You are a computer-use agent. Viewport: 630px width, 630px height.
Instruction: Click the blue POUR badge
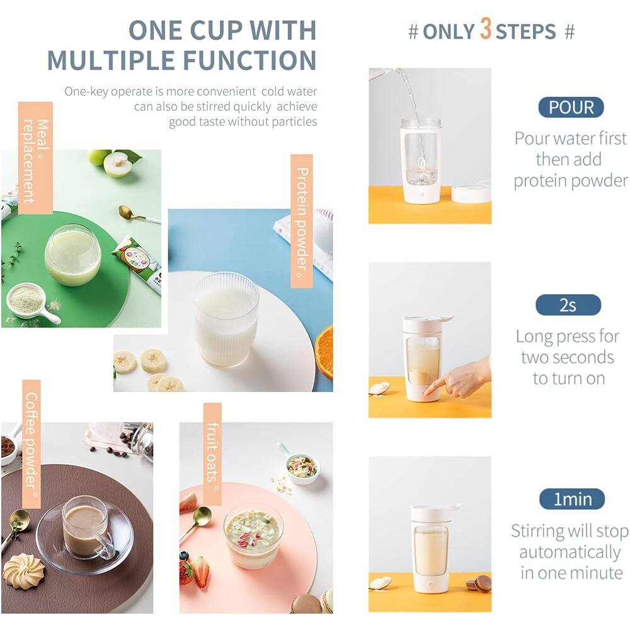tap(571, 107)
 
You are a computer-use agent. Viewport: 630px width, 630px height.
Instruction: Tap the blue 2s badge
tap(568, 306)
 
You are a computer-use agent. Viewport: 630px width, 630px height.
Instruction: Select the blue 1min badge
tap(572, 500)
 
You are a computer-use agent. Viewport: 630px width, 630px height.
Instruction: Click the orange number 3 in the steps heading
tap(485, 30)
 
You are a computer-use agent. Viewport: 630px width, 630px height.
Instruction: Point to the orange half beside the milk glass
tap(324, 352)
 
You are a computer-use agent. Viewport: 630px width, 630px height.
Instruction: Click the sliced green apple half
tap(118, 164)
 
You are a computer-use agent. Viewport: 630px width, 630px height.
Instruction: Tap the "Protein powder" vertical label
tap(302, 220)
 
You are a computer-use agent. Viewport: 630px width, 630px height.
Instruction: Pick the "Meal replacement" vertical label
tap(35, 157)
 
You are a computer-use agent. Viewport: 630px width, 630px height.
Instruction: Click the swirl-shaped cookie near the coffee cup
tap(24, 570)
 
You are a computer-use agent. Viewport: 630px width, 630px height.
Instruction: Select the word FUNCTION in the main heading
tap(249, 60)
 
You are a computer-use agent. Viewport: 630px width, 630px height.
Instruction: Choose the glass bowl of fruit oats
tap(253, 534)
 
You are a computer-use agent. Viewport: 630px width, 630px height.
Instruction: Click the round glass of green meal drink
tap(72, 255)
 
